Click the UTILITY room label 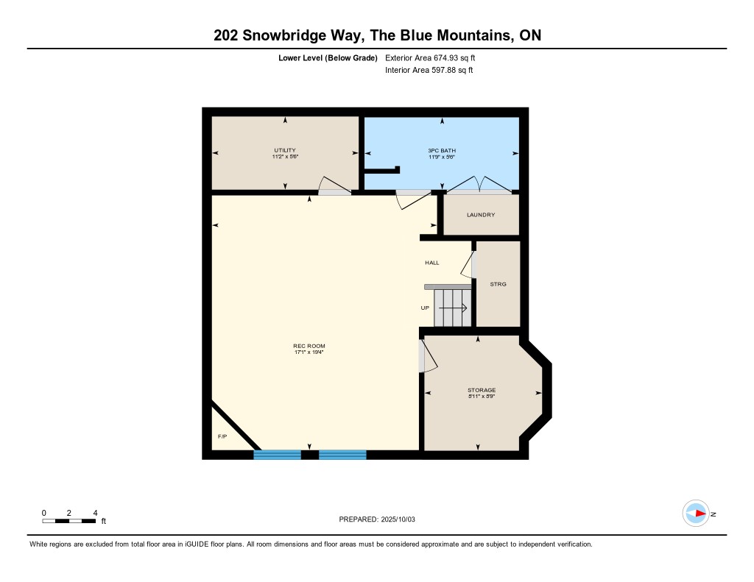pyautogui.click(x=285, y=150)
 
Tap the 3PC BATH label pyautogui.click(x=442, y=150)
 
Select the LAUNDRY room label pyautogui.click(x=481, y=215)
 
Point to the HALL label pyautogui.click(x=431, y=263)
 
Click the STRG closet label pyautogui.click(x=498, y=284)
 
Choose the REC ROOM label pyautogui.click(x=309, y=346)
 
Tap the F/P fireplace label pyautogui.click(x=222, y=436)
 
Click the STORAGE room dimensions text pyautogui.click(x=482, y=397)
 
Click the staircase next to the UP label pyautogui.click(x=453, y=308)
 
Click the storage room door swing pyautogui.click(x=427, y=355)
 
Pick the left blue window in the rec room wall pyautogui.click(x=278, y=455)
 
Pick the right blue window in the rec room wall pyautogui.click(x=343, y=455)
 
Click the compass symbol pyautogui.click(x=696, y=514)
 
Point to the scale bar pyautogui.click(x=68, y=521)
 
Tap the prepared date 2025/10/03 pyautogui.click(x=398, y=519)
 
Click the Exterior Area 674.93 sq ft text pyautogui.click(x=430, y=57)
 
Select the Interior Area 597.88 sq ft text pyautogui.click(x=429, y=70)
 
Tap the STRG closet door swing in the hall pyautogui.click(x=468, y=264)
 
